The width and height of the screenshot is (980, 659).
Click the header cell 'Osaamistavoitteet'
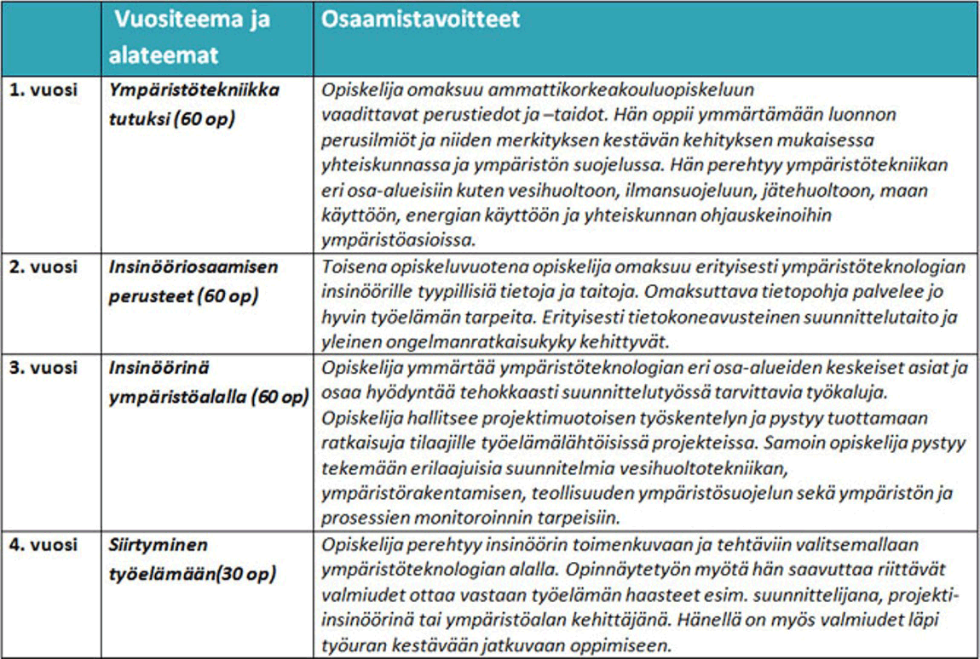pos(420,20)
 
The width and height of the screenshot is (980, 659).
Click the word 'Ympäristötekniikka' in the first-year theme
pos(194,89)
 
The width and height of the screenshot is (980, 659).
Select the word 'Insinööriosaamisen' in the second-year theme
pos(193,266)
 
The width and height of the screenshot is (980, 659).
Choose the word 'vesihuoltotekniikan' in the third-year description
pos(713,468)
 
